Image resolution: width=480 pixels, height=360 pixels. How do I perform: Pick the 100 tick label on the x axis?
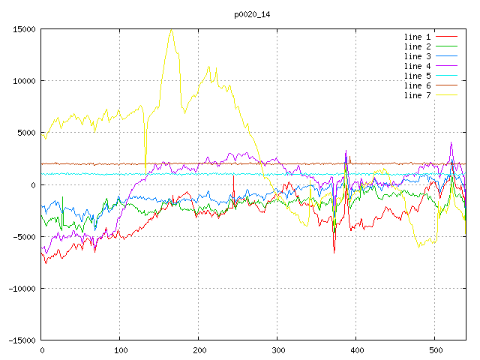tap(120, 349)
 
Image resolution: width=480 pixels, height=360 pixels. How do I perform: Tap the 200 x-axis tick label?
tap(199, 349)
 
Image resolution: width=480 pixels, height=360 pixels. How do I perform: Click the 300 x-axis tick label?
tap(277, 349)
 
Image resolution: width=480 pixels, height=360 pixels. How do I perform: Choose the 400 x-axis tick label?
tap(356, 349)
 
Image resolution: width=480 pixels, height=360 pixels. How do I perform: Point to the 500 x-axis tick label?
tap(435, 349)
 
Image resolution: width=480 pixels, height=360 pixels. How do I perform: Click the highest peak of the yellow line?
tap(171, 30)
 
